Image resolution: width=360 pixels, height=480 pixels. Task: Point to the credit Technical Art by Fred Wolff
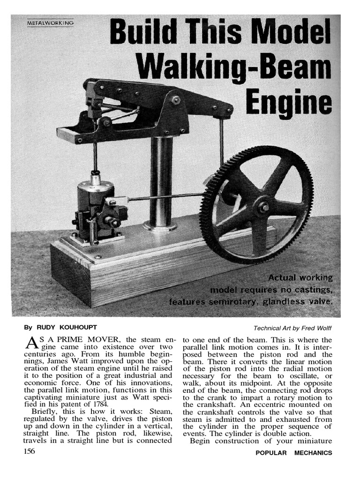[292, 328]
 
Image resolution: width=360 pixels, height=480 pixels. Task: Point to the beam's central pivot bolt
[176, 100]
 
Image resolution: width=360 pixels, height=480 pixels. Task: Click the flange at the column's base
[160, 226]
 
